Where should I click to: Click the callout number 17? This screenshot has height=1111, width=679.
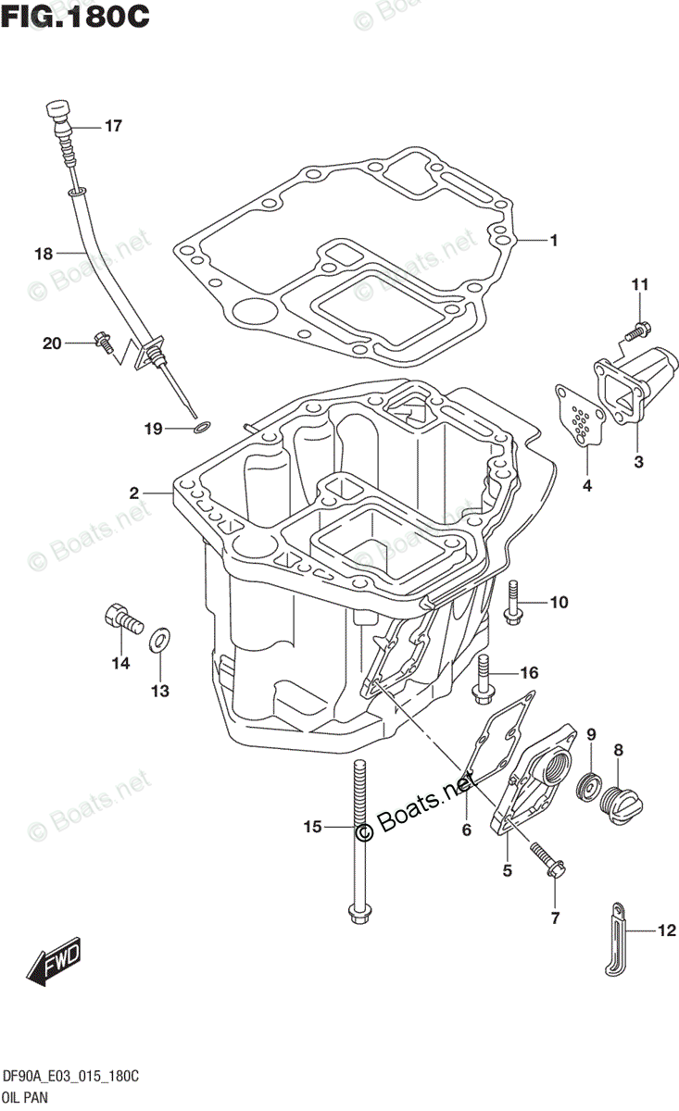click(112, 127)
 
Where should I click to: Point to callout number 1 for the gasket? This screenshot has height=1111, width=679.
click(553, 242)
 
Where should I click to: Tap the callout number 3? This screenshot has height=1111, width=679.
click(638, 460)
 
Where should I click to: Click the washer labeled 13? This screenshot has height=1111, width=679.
click(160, 637)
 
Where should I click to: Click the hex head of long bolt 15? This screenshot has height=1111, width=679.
click(358, 913)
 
